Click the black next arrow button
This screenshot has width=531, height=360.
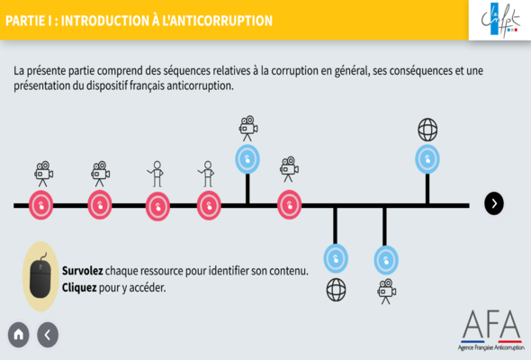[494, 203]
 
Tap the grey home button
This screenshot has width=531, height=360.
[19, 335]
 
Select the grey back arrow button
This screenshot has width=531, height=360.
[48, 335]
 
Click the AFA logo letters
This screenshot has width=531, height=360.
[491, 324]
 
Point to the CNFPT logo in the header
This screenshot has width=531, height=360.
[500, 20]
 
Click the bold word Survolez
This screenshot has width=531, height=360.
[82, 271]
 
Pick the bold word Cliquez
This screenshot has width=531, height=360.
[79, 287]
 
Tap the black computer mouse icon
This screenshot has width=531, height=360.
[40, 276]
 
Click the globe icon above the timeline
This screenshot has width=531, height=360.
[427, 130]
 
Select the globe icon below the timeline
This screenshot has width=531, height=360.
[336, 290]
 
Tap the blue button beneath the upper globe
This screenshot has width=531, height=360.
[427, 159]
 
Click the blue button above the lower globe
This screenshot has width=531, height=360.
[336, 258]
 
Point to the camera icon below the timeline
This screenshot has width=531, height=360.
[386, 292]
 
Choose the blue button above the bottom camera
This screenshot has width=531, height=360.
[386, 260]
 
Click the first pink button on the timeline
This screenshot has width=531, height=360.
[41, 205]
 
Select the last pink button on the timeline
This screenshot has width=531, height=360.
[289, 204]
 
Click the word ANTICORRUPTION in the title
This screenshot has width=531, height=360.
[217, 21]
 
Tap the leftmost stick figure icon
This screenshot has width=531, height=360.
[156, 174]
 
